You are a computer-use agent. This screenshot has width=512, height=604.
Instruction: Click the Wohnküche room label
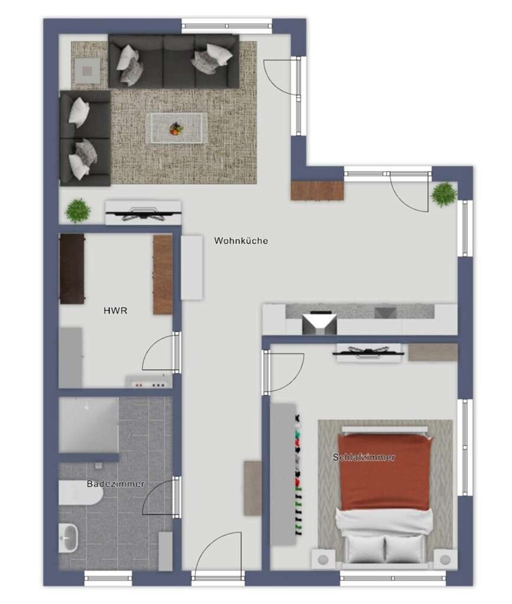(x=241, y=241)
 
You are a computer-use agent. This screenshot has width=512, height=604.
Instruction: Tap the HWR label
(x=115, y=310)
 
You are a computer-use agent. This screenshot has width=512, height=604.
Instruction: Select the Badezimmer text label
(x=115, y=484)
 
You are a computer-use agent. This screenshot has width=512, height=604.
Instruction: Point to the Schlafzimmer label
(x=364, y=457)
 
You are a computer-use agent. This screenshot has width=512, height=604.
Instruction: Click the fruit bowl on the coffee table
(x=176, y=129)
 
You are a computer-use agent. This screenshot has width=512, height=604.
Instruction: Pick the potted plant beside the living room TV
(x=78, y=211)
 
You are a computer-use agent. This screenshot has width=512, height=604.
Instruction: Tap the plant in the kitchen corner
(x=444, y=195)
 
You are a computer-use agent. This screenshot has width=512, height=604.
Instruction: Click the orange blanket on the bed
(x=384, y=472)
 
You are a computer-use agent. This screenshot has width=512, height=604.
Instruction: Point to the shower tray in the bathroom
(x=88, y=425)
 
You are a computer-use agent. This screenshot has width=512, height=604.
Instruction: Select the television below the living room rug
(x=144, y=212)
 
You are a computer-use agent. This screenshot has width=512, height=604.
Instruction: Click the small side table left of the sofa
(x=87, y=71)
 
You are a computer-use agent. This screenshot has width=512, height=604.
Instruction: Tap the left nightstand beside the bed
(x=323, y=559)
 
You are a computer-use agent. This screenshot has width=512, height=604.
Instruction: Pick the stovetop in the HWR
(x=149, y=382)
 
